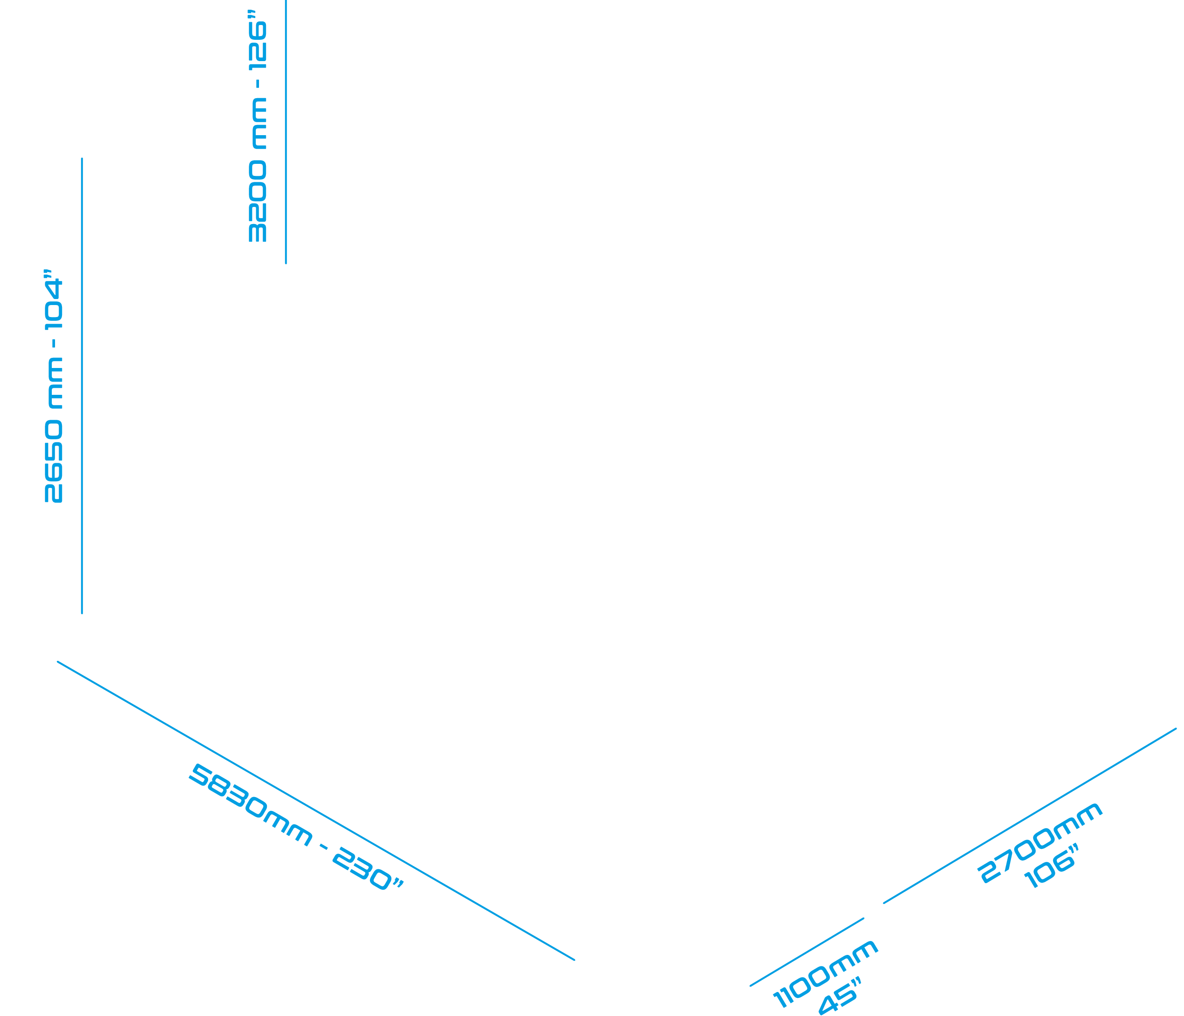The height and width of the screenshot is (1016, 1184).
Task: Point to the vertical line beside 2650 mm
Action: [82, 386]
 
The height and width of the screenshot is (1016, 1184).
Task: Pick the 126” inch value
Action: [258, 39]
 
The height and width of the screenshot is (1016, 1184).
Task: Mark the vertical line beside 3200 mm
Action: [286, 131]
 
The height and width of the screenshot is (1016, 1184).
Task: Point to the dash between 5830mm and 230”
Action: [323, 848]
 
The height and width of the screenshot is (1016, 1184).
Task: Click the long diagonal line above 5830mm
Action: [316, 811]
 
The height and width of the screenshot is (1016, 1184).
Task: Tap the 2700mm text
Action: [1040, 843]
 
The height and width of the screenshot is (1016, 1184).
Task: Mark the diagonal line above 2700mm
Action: [1030, 816]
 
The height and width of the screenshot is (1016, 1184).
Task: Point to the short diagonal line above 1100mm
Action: [807, 952]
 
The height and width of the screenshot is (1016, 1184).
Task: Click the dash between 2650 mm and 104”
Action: [54, 343]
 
